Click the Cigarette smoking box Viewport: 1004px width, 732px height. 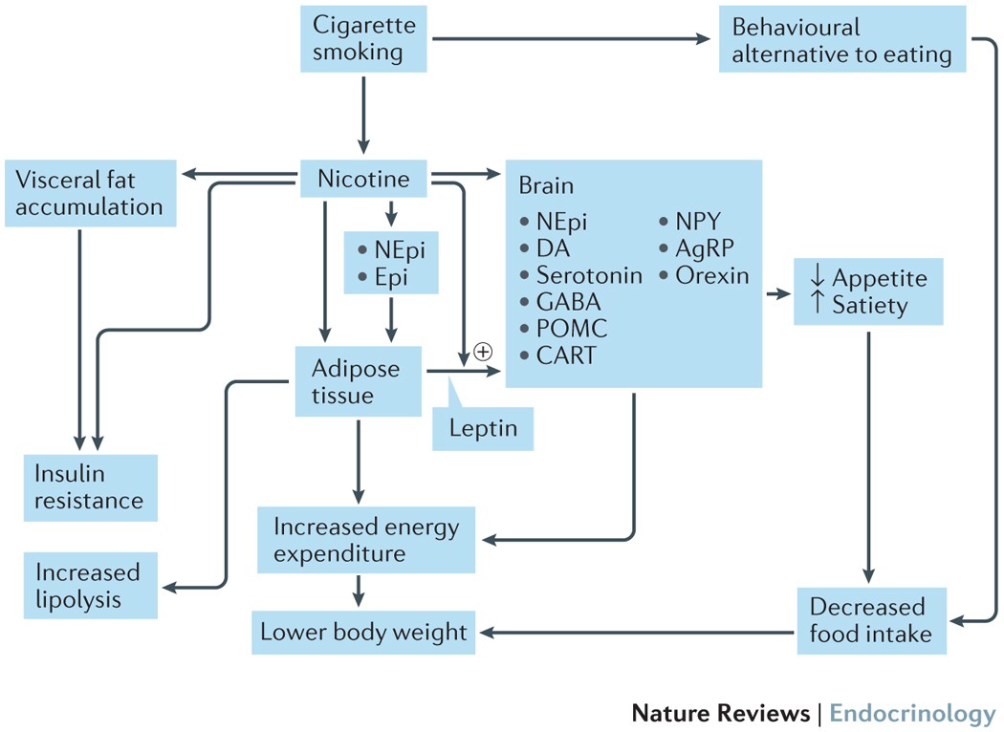[363, 38]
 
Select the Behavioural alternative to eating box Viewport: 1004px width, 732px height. [841, 41]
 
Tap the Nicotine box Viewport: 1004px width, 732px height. [362, 179]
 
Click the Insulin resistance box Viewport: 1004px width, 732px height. [90, 486]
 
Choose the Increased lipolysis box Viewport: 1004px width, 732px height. [90, 585]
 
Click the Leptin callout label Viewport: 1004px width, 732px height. [482, 428]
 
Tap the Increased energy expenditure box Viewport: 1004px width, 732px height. [367, 540]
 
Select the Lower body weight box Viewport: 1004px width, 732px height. [363, 632]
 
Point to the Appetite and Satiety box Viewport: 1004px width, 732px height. [867, 291]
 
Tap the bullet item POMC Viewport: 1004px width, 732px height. [571, 329]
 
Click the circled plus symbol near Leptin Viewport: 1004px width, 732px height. [483, 352]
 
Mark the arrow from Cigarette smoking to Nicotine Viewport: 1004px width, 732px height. [363, 112]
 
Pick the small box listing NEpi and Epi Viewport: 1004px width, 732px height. [391, 264]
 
